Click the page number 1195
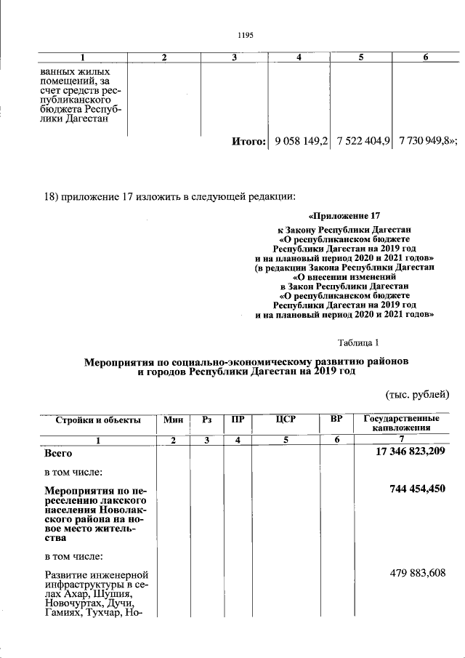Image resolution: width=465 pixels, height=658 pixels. tap(245, 33)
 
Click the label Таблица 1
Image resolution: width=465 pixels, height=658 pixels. tap(358, 342)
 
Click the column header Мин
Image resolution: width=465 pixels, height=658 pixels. tap(174, 420)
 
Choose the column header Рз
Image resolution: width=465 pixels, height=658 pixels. tap(207, 420)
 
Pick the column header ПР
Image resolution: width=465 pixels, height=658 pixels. tap(238, 420)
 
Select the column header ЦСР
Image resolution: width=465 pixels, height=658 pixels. tap(286, 420)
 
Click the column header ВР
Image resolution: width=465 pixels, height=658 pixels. tap(336, 420)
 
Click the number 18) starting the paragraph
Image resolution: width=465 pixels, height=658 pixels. tap(52, 196)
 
